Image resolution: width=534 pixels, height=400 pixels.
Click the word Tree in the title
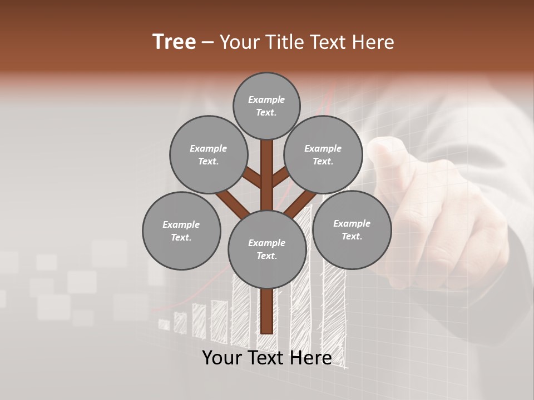pos(174,42)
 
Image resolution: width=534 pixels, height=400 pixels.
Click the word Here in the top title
pos(374,42)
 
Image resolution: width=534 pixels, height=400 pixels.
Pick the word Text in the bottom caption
pos(267,358)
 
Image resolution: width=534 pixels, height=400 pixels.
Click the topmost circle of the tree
pos(266,106)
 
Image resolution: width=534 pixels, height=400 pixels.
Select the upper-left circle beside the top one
pos(208,154)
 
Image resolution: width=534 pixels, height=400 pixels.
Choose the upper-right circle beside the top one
pos(323,154)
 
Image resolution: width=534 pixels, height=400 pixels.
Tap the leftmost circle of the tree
pos(181,231)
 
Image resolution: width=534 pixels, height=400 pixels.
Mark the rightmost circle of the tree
pos(352,229)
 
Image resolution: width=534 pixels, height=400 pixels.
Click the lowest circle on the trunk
pos(267,249)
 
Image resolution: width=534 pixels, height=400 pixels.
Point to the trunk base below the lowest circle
pos(267,311)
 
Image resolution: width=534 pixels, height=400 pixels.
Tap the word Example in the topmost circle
pos(266,99)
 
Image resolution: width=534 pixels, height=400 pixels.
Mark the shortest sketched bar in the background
pos(164,324)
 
